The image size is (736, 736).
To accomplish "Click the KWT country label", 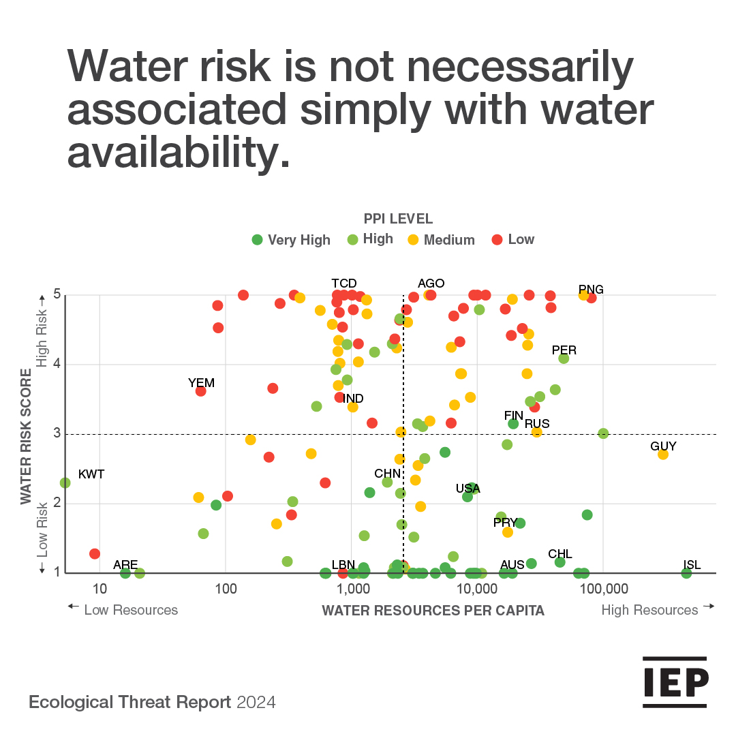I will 91,474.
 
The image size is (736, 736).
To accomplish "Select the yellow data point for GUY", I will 662,454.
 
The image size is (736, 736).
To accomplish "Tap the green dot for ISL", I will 686,573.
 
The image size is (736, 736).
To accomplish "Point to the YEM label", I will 201,383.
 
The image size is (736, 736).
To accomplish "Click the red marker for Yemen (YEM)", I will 201,391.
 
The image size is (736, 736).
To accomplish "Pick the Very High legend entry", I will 291,240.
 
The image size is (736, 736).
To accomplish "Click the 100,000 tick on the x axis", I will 603,588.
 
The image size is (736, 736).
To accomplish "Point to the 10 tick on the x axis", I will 99,588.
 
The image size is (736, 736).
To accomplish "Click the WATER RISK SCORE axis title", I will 27,437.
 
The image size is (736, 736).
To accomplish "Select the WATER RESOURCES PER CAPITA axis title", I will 433,611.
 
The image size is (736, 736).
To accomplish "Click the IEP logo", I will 675,683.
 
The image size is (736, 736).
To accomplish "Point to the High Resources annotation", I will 649,611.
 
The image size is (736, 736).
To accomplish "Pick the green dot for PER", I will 564,358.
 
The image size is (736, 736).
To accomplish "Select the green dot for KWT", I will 65,482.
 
